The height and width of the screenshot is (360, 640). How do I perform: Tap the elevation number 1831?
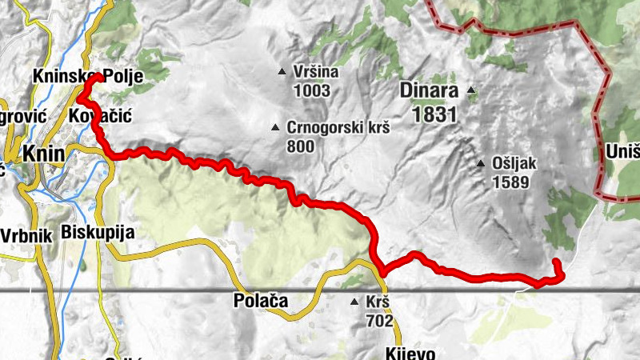click(x=434, y=114)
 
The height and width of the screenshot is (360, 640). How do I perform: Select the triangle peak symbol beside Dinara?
click(x=471, y=90)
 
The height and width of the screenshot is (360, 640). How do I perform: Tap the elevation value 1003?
click(x=312, y=90)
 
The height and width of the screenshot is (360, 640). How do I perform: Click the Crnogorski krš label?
click(x=337, y=128)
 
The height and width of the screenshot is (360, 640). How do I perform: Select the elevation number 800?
click(x=300, y=146)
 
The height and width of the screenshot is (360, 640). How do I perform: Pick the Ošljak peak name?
click(x=514, y=164)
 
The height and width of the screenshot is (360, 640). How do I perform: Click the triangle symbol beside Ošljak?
click(x=481, y=164)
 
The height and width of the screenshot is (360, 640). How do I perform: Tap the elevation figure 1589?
click(x=511, y=182)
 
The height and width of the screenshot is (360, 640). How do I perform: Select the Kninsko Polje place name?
click(x=88, y=77)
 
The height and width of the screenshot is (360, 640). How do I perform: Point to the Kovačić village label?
click(x=100, y=116)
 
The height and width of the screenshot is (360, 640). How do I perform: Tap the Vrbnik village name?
click(x=26, y=235)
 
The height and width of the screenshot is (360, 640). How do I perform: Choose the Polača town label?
click(x=260, y=302)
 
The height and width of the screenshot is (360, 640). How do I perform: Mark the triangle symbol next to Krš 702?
click(x=355, y=302)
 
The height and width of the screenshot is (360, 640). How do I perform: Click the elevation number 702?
click(x=380, y=321)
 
